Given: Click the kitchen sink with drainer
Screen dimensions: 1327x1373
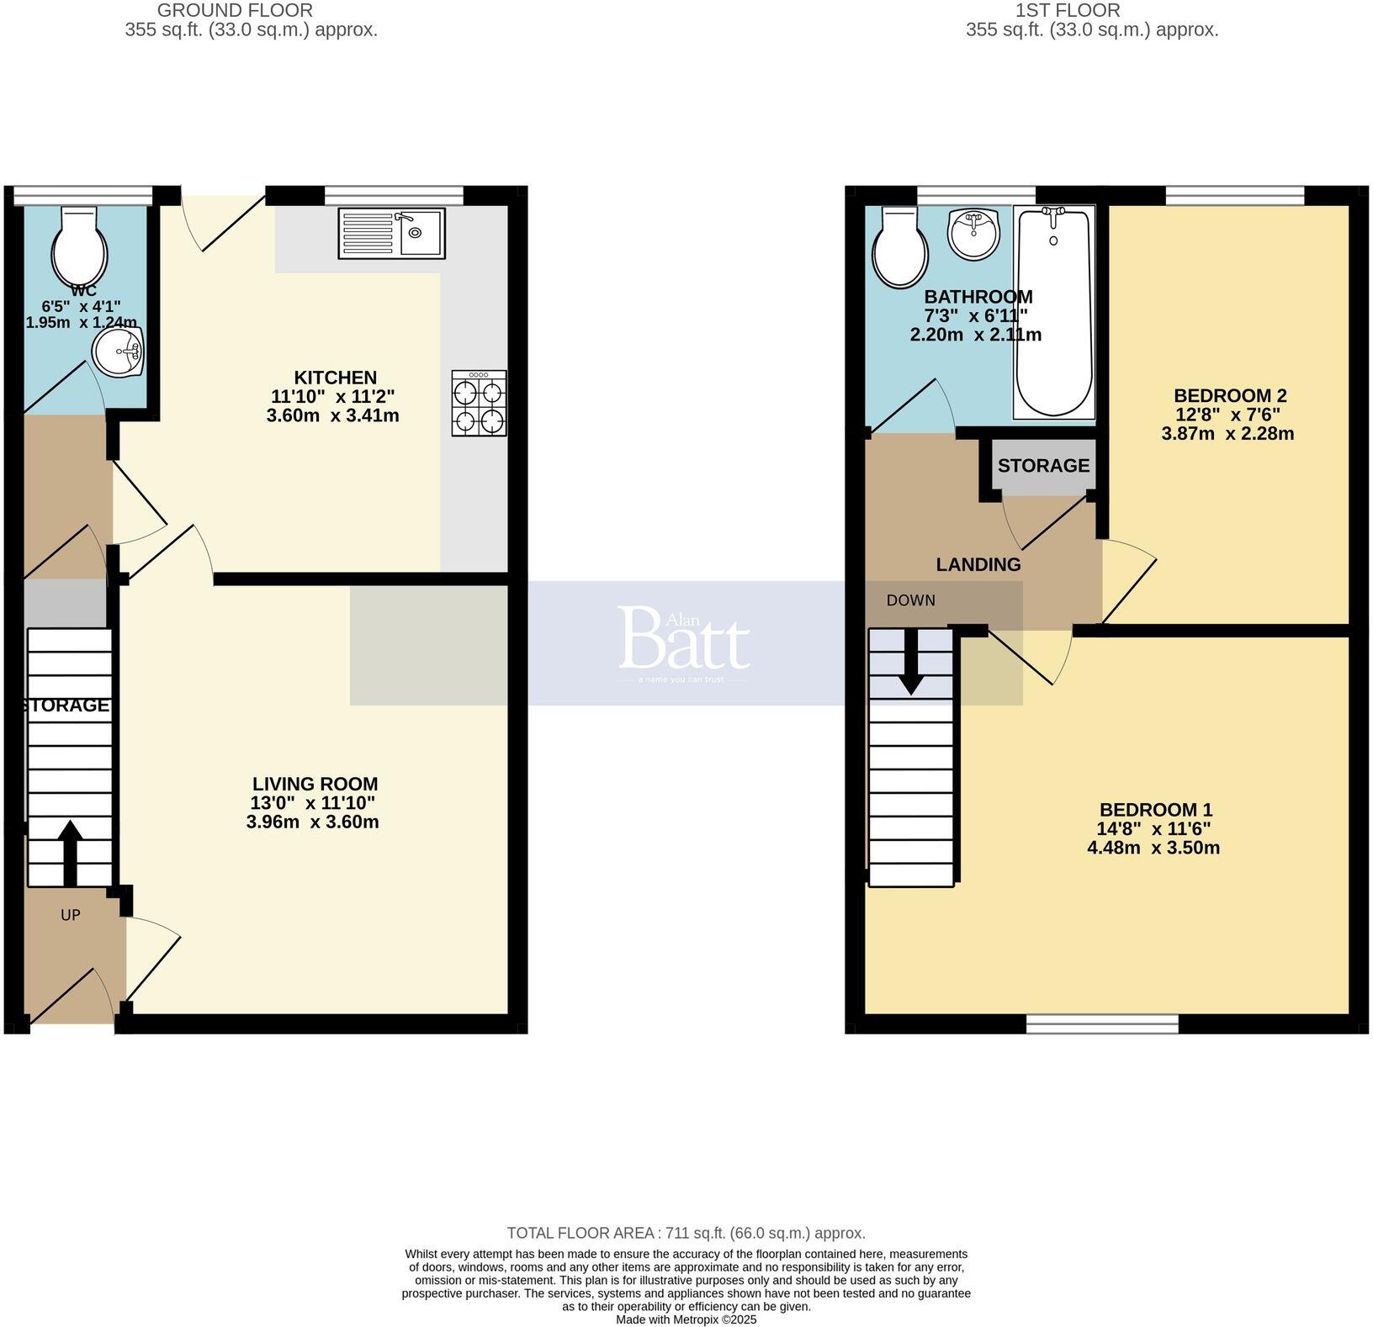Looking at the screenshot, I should [391, 233].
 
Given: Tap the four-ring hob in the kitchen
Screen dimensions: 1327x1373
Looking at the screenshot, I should [479, 403].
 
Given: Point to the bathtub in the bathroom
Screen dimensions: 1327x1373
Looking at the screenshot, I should [1053, 312].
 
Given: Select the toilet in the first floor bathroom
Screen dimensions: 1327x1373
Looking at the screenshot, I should [900, 246].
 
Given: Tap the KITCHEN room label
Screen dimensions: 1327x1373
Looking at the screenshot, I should [335, 378].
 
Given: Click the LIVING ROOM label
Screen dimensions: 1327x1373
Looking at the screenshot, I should [315, 784].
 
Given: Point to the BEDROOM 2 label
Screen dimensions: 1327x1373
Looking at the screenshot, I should [1229, 395].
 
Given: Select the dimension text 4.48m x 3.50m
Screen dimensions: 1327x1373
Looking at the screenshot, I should [1153, 848].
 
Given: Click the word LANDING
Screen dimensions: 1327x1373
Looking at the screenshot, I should [978, 565].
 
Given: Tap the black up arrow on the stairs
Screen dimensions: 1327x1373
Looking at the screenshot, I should [69, 852].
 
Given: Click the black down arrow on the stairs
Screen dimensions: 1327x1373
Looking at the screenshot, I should [910, 664].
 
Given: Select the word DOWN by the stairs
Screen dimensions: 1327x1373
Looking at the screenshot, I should [910, 600].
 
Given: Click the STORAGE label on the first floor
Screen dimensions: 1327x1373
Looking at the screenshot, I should [1043, 465].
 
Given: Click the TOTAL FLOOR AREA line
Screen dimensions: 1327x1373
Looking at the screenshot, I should [686, 1233].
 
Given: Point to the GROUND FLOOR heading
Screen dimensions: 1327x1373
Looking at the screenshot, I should [235, 11].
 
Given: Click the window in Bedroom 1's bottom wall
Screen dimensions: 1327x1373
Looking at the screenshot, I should [1102, 1023].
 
